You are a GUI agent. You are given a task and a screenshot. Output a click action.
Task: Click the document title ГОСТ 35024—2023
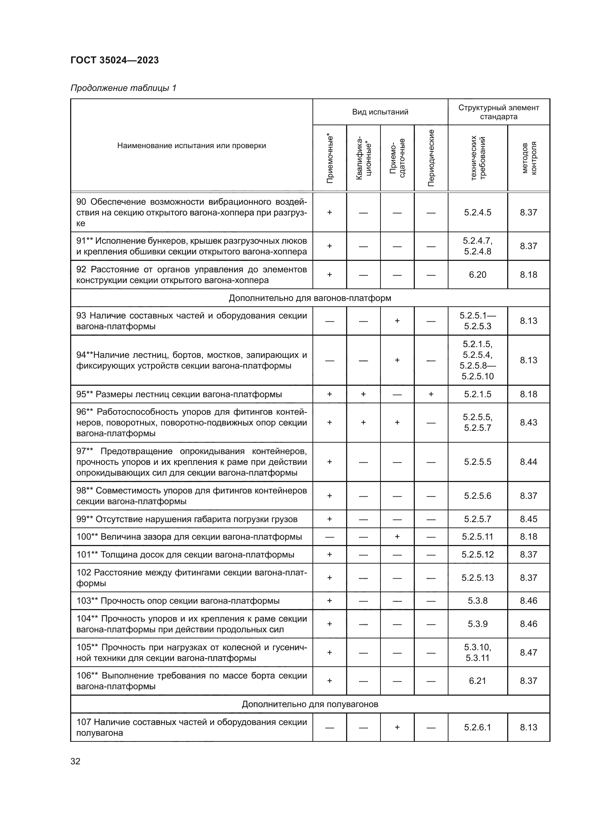pos(115,60)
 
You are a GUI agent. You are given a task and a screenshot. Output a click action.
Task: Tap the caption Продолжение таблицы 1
pos(123,88)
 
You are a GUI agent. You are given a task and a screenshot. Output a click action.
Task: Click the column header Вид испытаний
pos(380,112)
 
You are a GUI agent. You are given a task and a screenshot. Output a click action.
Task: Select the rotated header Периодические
pos(431,158)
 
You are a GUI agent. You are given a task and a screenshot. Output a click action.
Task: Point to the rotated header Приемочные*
pos(330,158)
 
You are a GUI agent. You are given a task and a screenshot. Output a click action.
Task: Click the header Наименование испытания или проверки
pos(191,145)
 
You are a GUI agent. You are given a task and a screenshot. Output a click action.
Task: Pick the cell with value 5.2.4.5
pos(477,212)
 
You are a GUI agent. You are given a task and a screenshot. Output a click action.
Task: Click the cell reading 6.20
pos(477,274)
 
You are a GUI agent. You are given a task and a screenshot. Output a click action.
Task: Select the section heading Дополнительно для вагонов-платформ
pos(310,298)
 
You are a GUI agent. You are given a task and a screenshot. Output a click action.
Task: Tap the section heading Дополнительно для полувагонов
pos(310,704)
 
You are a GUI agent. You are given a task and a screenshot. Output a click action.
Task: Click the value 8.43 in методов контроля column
pos(528,422)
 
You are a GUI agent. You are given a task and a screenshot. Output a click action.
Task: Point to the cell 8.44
pos(528,462)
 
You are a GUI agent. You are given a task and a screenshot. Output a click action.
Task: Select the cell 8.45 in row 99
pos(528,519)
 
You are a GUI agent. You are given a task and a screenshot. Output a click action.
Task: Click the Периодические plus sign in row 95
pos(431,394)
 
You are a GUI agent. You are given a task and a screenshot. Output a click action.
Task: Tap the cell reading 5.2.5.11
pos(477,537)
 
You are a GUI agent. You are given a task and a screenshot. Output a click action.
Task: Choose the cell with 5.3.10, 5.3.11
pos(477,652)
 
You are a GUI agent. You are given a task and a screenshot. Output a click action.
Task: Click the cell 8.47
pos(528,652)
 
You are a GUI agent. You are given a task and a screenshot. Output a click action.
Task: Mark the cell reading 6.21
pos(477,681)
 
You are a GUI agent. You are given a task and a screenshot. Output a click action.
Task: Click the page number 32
pos(76,761)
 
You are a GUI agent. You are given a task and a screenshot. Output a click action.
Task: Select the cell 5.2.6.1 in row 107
pos(477,727)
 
